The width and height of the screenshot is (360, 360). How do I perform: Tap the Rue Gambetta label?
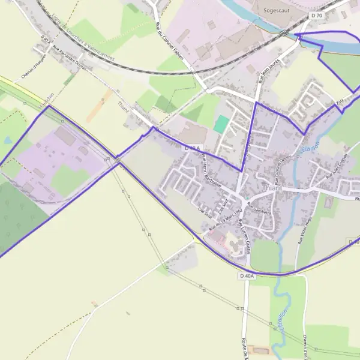click(259, 208)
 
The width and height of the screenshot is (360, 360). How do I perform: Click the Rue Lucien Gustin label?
click(244, 234)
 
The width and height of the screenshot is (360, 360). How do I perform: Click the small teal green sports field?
click(221, 124)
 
